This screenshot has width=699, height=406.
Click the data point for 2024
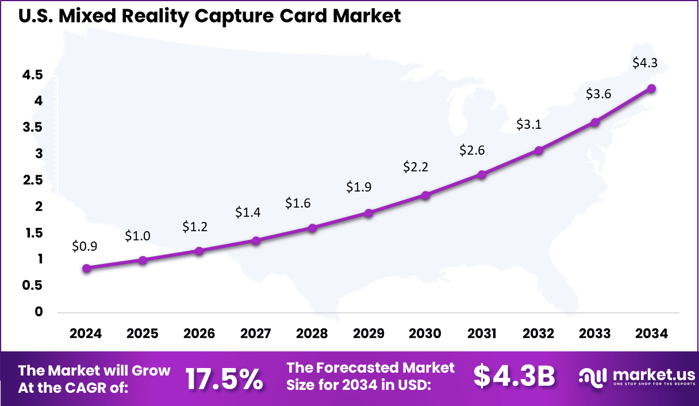86,268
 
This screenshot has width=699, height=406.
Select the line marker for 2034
651,89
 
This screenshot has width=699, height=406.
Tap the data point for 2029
369,213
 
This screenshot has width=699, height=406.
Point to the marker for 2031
482,175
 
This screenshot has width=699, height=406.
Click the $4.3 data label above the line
644,63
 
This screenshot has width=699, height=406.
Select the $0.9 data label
85,246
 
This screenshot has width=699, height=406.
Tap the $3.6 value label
598,94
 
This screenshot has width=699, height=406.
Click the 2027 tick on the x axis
256,334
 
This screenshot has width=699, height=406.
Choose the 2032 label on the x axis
538,334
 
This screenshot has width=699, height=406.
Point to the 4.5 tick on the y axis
32,75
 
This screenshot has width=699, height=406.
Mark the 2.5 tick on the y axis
32,180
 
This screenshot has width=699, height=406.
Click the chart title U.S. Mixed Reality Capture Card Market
209,16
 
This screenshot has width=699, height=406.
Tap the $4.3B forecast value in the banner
514,377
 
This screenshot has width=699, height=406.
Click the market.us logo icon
593,377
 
